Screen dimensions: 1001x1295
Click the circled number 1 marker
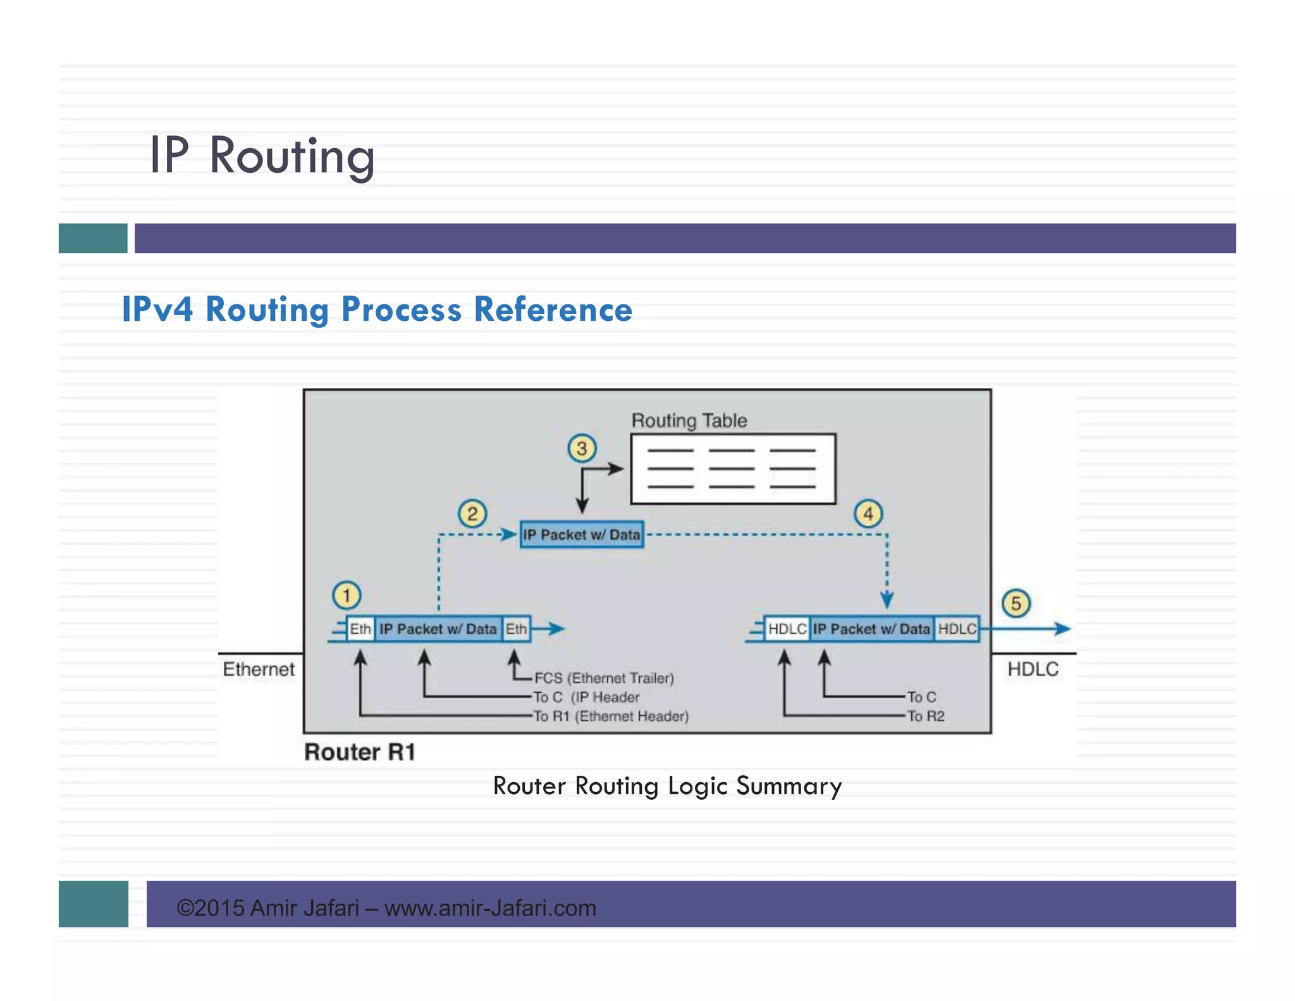click(346, 595)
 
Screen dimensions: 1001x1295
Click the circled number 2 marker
click(472, 514)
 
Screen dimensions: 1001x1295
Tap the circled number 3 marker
click(582, 449)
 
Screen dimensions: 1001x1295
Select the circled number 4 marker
click(868, 514)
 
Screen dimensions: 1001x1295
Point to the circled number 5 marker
click(1016, 603)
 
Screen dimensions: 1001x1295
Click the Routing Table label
click(689, 421)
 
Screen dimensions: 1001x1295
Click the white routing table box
click(733, 469)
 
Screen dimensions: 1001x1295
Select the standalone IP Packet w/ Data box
click(582, 535)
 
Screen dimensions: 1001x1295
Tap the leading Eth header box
click(360, 629)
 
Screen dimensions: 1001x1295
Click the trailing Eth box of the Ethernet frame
click(516, 629)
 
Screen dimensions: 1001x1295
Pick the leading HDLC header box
click(787, 629)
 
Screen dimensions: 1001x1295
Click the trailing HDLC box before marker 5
click(957, 629)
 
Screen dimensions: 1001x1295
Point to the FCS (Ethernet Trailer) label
click(604, 678)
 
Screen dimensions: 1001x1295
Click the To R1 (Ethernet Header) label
click(611, 716)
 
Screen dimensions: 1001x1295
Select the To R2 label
click(926, 716)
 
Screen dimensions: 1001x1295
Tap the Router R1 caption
click(360, 752)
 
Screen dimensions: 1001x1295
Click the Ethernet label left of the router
click(259, 669)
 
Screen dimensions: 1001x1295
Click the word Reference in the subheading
click(553, 309)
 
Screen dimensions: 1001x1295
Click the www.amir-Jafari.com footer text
click(490, 908)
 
